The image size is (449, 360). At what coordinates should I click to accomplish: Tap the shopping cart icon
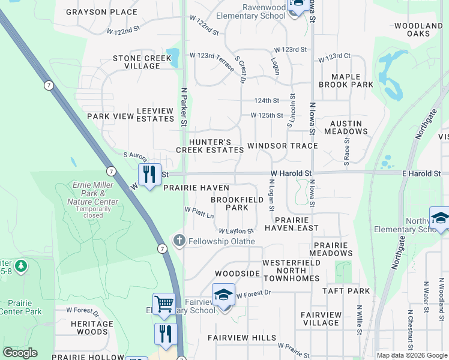point(164,303)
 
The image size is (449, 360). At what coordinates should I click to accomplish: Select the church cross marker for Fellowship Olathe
point(179,241)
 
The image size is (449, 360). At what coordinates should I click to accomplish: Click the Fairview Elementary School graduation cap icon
point(223,294)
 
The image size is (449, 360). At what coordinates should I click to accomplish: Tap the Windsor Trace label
point(282,146)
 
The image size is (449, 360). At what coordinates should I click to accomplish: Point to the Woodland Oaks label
point(418,30)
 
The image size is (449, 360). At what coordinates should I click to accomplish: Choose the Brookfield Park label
point(229,203)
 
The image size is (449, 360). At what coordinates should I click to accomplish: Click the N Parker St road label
point(185,106)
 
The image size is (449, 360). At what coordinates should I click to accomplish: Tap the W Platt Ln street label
point(199,212)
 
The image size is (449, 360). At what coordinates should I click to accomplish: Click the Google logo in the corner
point(20,353)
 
